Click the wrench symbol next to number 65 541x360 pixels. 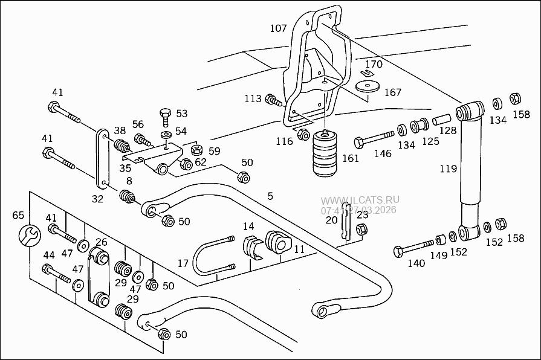(28, 234)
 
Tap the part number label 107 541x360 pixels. (278, 28)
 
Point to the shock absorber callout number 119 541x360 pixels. (448, 169)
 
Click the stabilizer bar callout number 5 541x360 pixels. (270, 196)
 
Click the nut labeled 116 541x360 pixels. (303, 134)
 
